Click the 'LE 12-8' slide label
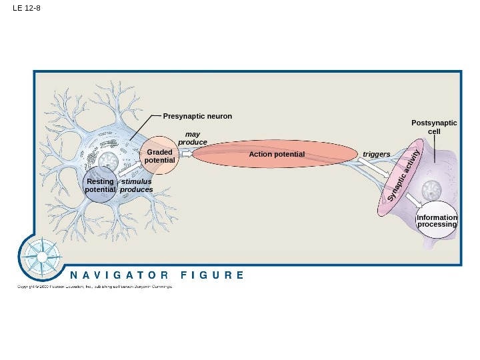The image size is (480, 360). pyautogui.click(x=27, y=8)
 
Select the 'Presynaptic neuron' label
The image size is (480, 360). pyautogui.click(x=197, y=116)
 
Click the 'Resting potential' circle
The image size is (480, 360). pyautogui.click(x=101, y=185)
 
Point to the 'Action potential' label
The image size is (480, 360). pyautogui.click(x=277, y=155)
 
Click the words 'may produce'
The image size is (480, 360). pyautogui.click(x=193, y=139)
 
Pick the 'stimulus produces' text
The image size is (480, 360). pyautogui.click(x=137, y=185)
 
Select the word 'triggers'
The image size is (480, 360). pyautogui.click(x=377, y=155)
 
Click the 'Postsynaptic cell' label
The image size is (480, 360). pyautogui.click(x=434, y=127)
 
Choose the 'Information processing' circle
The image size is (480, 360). pyautogui.click(x=437, y=221)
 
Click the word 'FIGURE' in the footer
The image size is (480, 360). pyautogui.click(x=213, y=275)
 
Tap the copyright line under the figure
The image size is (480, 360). pyautogui.click(x=94, y=287)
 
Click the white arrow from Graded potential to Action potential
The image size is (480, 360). pyautogui.click(x=186, y=153)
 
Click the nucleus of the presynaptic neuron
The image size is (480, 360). pyautogui.click(x=107, y=161)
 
